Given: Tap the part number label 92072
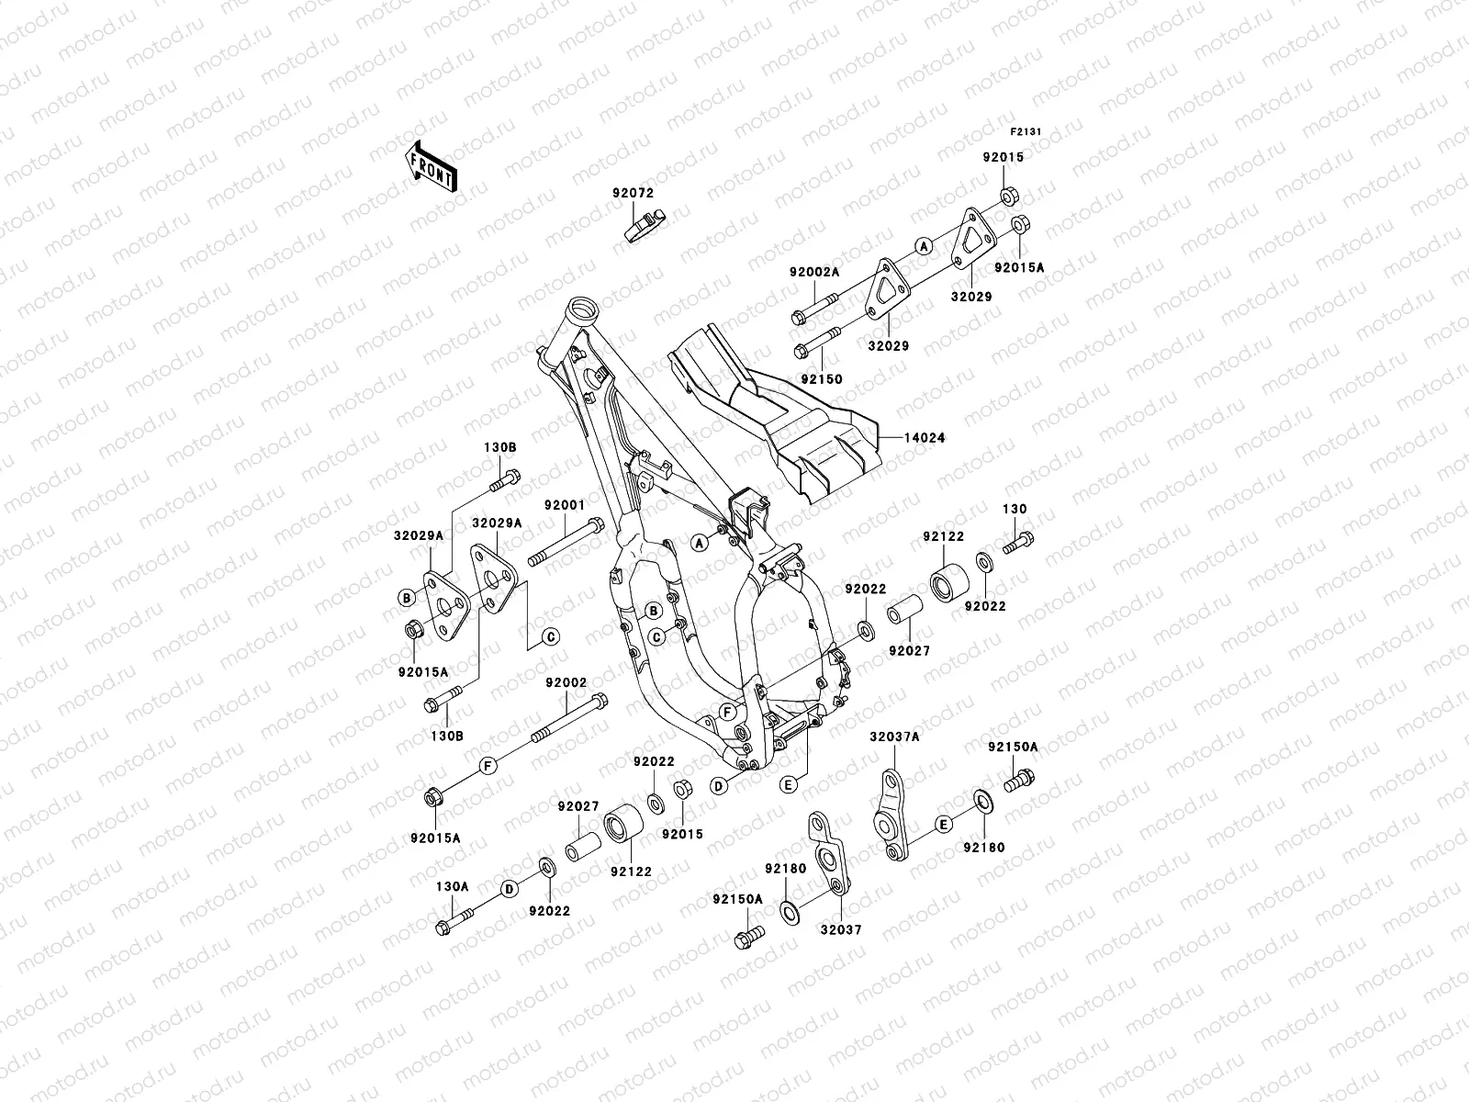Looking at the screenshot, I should click(633, 194).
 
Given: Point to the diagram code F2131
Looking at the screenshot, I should click(1026, 132).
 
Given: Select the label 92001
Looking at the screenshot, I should click(564, 505).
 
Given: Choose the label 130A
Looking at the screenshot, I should click(452, 886).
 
